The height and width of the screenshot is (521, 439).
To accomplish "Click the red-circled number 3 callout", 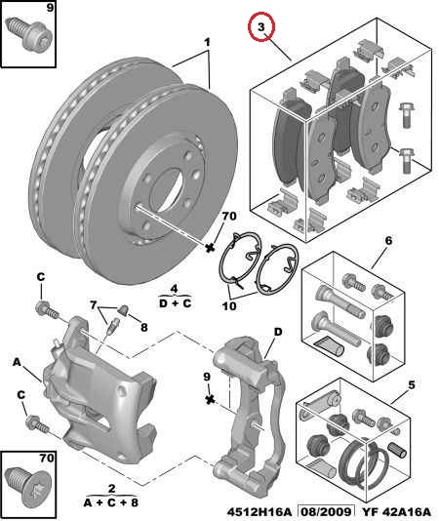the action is point(261,26).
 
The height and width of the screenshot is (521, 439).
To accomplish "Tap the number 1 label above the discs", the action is point(207,42).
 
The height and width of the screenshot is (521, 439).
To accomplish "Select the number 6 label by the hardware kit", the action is point(388,240).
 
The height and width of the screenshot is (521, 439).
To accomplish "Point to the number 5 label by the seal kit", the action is point(412,385).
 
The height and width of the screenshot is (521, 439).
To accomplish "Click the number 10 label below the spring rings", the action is point(229,305).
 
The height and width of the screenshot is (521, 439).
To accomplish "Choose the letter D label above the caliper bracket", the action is point(278,332).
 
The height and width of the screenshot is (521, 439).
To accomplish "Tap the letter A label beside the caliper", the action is point(17,362).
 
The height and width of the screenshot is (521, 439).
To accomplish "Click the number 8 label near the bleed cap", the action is point(143,327).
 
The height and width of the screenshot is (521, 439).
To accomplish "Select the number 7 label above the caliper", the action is point(94,304).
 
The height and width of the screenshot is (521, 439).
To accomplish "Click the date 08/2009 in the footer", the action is point(326,511).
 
